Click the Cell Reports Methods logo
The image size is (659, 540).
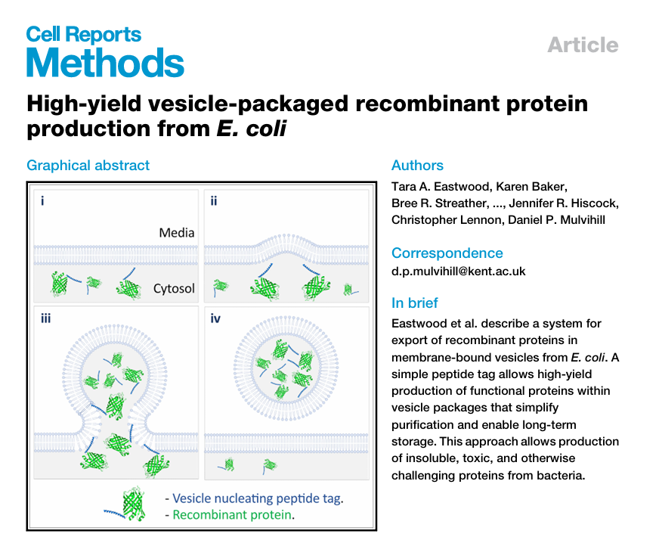tap(105, 51)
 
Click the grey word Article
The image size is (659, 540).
tap(583, 45)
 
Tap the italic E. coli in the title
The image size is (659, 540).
tap(252, 129)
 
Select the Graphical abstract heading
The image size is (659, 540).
tap(88, 166)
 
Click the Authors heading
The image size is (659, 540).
tap(417, 166)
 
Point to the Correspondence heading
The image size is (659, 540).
tap(447, 253)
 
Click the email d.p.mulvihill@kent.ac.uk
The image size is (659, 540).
tap(458, 272)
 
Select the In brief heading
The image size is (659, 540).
tap(414, 303)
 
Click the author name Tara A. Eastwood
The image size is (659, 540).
tap(441, 187)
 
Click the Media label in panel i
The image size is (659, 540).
tap(177, 233)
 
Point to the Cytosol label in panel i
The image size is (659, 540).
tap(174, 288)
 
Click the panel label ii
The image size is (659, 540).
tap(214, 201)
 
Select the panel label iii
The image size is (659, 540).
tap(45, 318)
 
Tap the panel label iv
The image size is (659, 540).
tap(215, 318)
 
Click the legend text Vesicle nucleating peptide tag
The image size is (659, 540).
tap(257, 498)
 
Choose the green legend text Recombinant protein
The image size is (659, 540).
tap(232, 515)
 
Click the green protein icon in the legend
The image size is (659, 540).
tap(134, 504)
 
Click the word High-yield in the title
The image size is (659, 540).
tap(84, 104)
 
